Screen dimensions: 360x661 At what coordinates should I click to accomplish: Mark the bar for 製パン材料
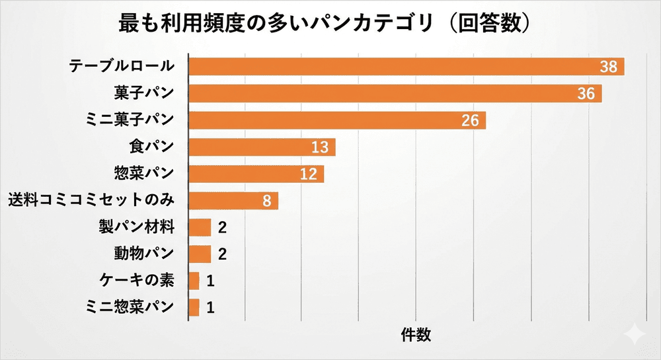(200, 227)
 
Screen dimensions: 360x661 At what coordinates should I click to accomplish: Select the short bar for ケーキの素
(194, 281)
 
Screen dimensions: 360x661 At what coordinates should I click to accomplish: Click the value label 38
(608, 67)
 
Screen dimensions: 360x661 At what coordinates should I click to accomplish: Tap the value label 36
(586, 94)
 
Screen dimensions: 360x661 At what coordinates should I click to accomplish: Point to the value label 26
(470, 120)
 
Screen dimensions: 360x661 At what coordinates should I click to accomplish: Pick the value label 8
(266, 201)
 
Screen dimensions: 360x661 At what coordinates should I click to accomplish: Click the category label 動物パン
(143, 254)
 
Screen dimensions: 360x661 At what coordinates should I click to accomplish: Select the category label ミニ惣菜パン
(130, 307)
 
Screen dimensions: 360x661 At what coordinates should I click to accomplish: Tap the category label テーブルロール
(122, 66)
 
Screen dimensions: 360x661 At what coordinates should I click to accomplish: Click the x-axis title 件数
(416, 335)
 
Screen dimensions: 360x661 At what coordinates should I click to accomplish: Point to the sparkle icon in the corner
(635, 334)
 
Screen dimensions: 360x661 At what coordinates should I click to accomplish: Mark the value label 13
(320, 147)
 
